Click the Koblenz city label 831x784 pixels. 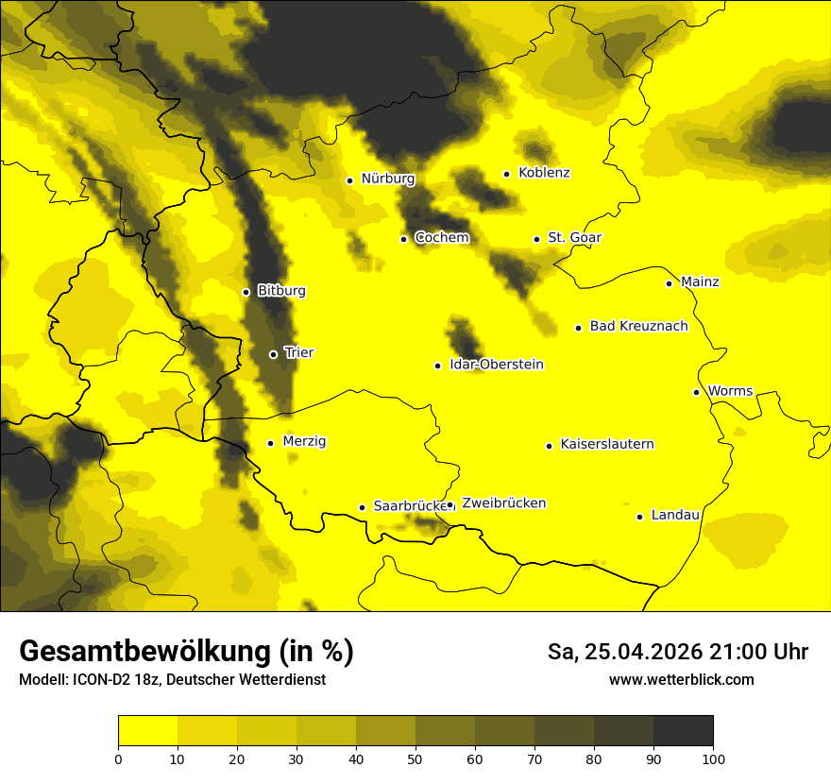pyautogui.click(x=544, y=173)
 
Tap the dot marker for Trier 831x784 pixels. pyautogui.click(x=274, y=354)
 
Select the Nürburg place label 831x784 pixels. pyautogui.click(x=387, y=179)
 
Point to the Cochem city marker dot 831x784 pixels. pyautogui.click(x=404, y=239)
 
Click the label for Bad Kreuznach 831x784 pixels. pyautogui.click(x=638, y=326)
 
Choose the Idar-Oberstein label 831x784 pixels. pyautogui.click(x=497, y=365)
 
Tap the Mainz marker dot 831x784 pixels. pyautogui.click(x=669, y=283)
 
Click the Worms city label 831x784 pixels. pyautogui.click(x=729, y=391)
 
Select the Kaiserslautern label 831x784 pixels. pyautogui.click(x=606, y=444)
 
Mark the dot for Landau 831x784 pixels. pyautogui.click(x=640, y=517)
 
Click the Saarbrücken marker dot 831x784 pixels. pyautogui.click(x=362, y=507)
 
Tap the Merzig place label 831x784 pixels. pyautogui.click(x=304, y=441)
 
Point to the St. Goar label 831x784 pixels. pyautogui.click(x=574, y=238)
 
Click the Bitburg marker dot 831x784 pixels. pyautogui.click(x=246, y=292)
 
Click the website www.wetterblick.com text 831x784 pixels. pyautogui.click(x=682, y=679)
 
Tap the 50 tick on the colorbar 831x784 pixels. pyautogui.click(x=415, y=758)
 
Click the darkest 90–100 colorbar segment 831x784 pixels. pyautogui.click(x=683, y=730)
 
